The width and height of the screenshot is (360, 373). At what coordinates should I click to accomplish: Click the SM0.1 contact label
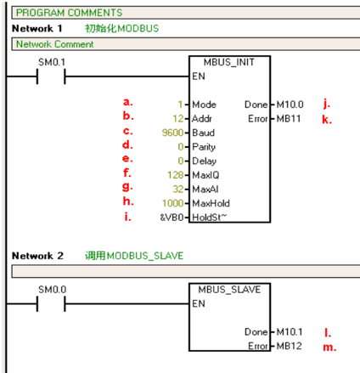pos(52,62)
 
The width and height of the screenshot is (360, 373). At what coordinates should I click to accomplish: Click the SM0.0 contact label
pos(53,290)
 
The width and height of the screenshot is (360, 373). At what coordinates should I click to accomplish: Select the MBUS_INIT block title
pos(229,62)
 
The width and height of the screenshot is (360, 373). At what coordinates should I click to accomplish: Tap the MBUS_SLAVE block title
pos(229,290)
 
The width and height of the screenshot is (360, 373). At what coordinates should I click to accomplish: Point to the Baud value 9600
pos(172,133)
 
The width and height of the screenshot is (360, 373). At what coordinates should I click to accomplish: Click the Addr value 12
pos(178,118)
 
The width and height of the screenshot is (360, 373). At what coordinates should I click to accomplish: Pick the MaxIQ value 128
pos(176,175)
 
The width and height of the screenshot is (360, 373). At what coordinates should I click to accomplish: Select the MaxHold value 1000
pos(172,203)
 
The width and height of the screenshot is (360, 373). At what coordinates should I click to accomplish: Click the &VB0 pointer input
pos(172,218)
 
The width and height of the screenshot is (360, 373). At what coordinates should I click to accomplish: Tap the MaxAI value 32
pos(178,189)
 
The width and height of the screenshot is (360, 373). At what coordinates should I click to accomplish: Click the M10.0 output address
pos(290,105)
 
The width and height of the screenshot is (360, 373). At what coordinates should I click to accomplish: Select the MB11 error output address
pos(289,118)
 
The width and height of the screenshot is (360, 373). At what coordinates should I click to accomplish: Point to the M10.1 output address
pos(290,331)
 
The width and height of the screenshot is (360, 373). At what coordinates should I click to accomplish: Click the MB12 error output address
pos(289,346)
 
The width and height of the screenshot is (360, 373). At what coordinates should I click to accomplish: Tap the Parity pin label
pos(204,147)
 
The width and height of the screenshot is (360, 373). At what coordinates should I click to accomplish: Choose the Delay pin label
pos(205,161)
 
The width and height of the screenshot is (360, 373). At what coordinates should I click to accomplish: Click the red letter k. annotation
pos(327,120)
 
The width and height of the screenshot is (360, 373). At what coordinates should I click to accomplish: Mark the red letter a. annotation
pos(128,102)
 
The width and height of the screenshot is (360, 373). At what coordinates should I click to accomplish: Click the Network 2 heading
pos(37,256)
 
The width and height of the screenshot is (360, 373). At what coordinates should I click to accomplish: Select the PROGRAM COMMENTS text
pos(69,13)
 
